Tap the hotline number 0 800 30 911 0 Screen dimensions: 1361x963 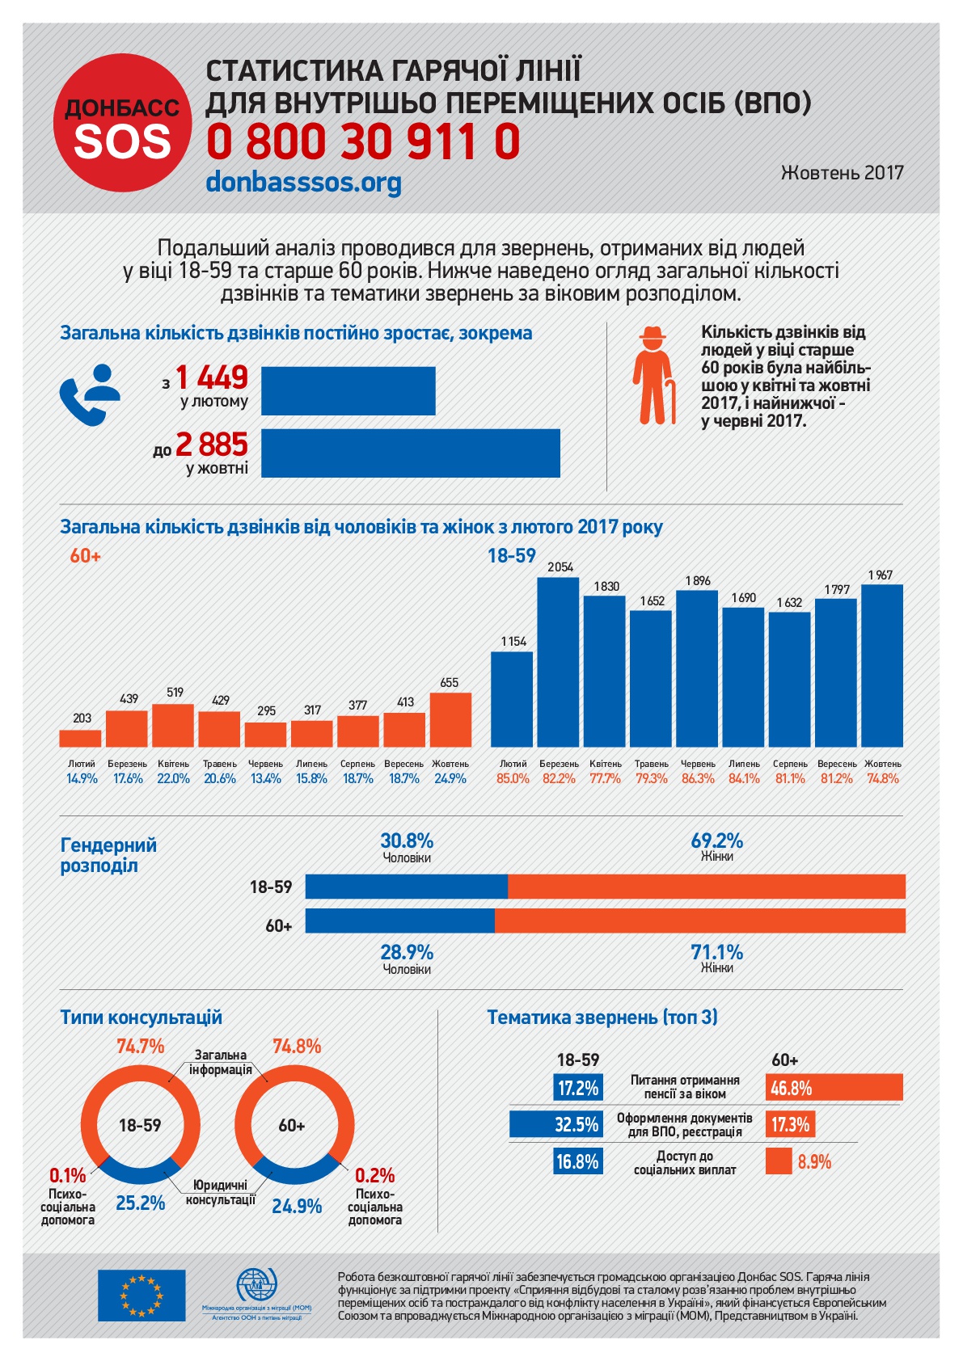pyautogui.click(x=363, y=142)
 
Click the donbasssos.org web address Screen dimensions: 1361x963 pyautogui.click(x=303, y=181)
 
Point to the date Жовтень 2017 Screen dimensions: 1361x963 pyautogui.click(x=842, y=172)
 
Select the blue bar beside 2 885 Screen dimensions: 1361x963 pyautogui.click(x=410, y=453)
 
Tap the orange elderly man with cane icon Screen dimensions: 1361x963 pyautogui.click(x=653, y=376)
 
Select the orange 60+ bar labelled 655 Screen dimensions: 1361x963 pyautogui.click(x=450, y=719)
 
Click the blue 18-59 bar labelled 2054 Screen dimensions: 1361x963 pyautogui.click(x=559, y=661)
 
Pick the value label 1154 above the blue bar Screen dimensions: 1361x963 pyautogui.click(x=513, y=642)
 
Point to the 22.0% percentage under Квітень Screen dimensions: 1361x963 pyautogui.click(x=173, y=779)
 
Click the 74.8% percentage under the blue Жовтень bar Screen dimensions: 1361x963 pyautogui.click(x=882, y=779)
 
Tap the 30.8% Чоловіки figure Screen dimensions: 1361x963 pyautogui.click(x=407, y=841)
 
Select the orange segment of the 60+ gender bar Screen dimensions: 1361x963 pyautogui.click(x=699, y=921)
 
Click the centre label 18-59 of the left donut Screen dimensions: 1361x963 pyautogui.click(x=140, y=1125)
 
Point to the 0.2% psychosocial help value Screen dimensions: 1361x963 pyautogui.click(x=374, y=1175)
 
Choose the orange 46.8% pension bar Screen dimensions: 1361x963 pyautogui.click(x=834, y=1088)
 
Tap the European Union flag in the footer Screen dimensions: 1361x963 pyautogui.click(x=141, y=1295)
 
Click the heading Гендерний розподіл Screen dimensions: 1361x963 pyautogui.click(x=108, y=855)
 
